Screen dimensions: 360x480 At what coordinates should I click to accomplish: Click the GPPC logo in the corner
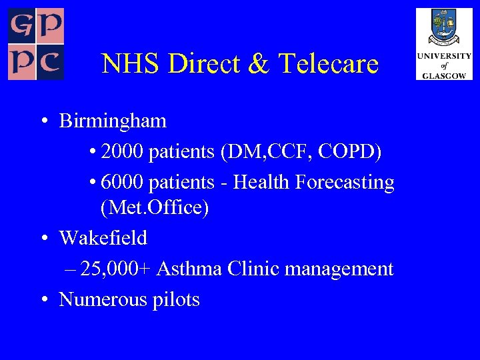click(x=35, y=44)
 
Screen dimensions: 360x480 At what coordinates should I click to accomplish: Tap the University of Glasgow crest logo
click(x=444, y=43)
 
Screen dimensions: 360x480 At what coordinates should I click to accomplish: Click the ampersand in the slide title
click(x=261, y=64)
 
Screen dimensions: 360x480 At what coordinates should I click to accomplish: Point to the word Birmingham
click(x=113, y=121)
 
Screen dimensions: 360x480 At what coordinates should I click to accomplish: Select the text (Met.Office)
click(x=155, y=208)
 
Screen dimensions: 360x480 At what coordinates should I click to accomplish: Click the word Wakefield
click(x=103, y=237)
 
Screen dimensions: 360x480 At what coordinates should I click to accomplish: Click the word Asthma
click(x=190, y=269)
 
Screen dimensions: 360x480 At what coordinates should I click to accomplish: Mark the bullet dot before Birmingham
click(x=42, y=122)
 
